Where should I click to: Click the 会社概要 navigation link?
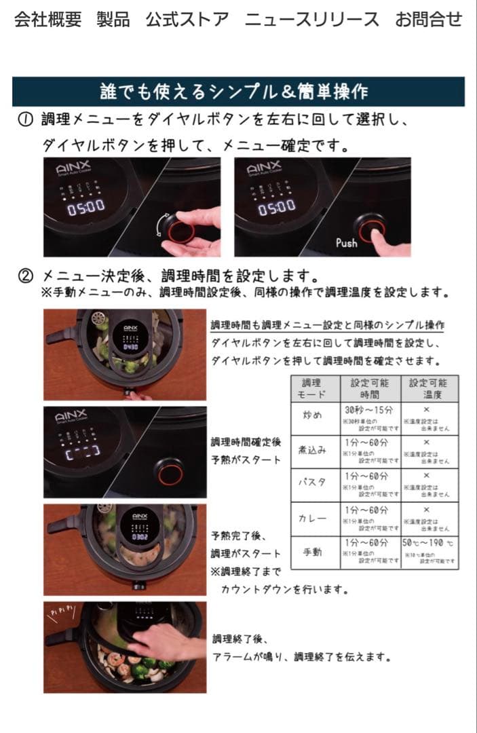(47, 20)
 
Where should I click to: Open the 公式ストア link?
(187, 20)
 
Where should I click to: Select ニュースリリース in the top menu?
(311, 20)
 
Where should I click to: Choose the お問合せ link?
(428, 20)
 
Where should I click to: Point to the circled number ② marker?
(25, 276)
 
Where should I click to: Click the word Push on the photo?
(346, 242)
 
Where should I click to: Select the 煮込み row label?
(313, 449)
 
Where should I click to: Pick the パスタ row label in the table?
(313, 483)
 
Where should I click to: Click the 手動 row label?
(313, 552)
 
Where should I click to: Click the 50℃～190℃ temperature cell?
(428, 543)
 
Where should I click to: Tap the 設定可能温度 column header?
(428, 388)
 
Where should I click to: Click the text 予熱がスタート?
(246, 460)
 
